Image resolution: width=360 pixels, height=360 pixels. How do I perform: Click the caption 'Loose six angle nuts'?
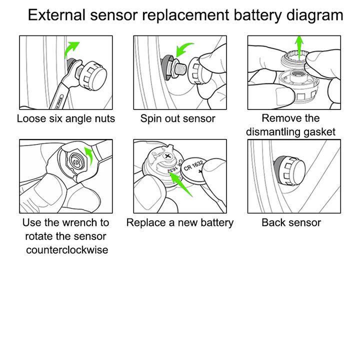66,118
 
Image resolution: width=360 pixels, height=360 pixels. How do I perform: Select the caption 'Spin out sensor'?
177,118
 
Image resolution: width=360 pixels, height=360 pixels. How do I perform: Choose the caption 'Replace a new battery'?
179,222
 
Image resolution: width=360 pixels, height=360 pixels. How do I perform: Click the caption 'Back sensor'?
291,222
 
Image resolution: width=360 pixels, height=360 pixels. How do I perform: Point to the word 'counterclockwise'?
66,249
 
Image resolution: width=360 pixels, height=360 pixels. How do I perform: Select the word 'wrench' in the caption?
74,222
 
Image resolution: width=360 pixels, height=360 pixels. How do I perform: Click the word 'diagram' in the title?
314,15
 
